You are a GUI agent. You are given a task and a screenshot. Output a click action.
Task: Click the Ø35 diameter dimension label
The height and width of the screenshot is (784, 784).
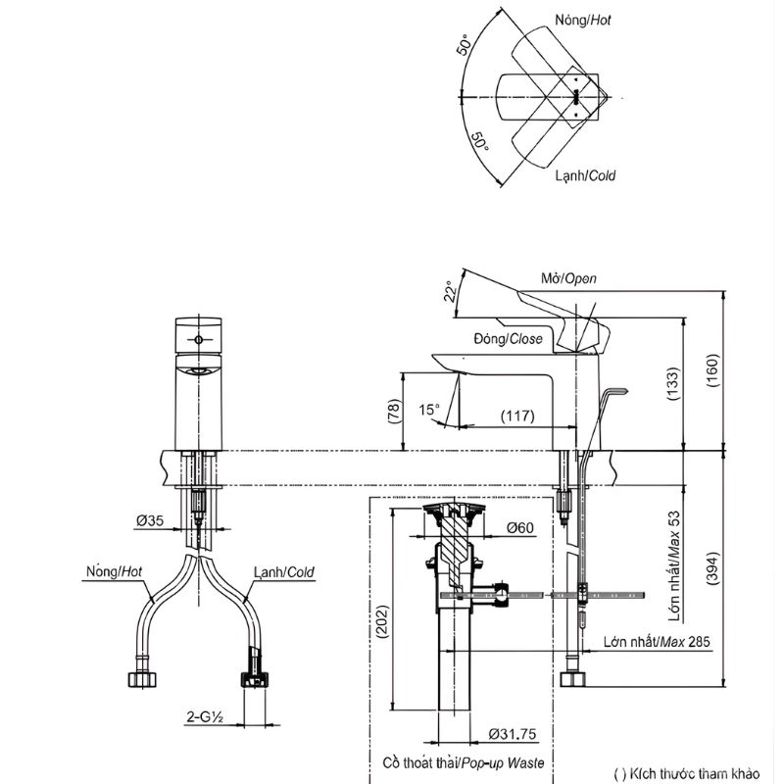pyautogui.click(x=150, y=520)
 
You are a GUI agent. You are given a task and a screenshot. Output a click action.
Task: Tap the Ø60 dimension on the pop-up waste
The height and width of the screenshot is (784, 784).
pyautogui.click(x=520, y=527)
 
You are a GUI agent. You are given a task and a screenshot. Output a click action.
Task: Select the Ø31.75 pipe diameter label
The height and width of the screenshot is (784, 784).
pyautogui.click(x=512, y=734)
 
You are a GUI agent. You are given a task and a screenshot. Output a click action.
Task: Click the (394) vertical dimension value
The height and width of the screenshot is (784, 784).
pyautogui.click(x=712, y=568)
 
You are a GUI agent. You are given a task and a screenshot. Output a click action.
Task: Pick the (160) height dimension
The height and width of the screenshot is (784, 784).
pyautogui.click(x=712, y=370)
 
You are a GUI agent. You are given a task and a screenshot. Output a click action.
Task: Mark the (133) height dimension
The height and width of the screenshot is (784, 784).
pyautogui.click(x=673, y=384)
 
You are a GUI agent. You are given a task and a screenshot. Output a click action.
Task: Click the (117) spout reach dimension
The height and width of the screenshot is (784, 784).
pyautogui.click(x=517, y=416)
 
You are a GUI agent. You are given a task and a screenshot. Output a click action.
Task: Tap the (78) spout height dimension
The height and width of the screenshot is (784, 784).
pyautogui.click(x=395, y=411)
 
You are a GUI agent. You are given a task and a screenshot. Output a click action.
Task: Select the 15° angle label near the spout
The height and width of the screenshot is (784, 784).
pyautogui.click(x=429, y=410)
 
